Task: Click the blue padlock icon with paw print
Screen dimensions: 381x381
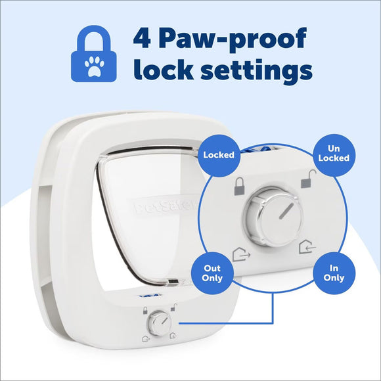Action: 96,54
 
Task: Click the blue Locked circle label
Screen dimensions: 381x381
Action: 219,156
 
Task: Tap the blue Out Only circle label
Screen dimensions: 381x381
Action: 212,273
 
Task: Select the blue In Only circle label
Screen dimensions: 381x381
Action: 334,273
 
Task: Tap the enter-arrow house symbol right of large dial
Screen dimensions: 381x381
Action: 305,248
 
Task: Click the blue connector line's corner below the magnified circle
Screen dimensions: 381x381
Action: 272,323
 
